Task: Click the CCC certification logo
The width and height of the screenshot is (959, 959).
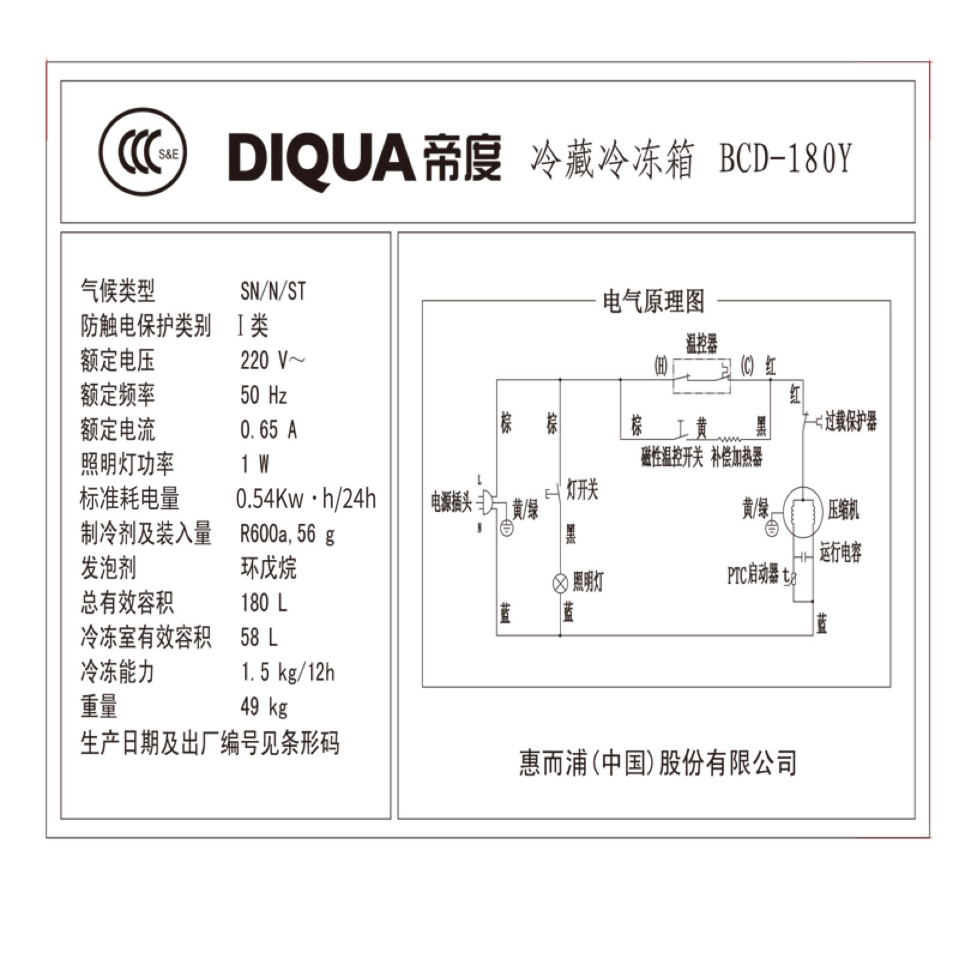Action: pyautogui.click(x=143, y=153)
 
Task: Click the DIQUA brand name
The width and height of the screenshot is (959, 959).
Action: pyautogui.click(x=320, y=157)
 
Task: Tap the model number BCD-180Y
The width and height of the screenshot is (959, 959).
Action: pyautogui.click(x=785, y=159)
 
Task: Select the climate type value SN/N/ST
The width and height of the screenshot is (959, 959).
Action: pyautogui.click(x=273, y=292)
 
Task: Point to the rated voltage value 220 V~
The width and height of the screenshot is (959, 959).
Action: pyautogui.click(x=272, y=361)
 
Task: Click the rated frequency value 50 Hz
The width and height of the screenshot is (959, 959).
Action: pyautogui.click(x=264, y=396)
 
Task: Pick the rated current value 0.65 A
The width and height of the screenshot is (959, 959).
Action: pyautogui.click(x=269, y=430)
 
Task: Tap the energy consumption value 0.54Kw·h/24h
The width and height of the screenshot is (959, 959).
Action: pyautogui.click(x=306, y=499)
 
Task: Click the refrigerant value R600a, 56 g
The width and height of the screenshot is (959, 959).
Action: pyautogui.click(x=287, y=533)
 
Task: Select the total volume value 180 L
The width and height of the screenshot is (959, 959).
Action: pyautogui.click(x=264, y=603)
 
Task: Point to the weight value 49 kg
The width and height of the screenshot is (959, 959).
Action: pyautogui.click(x=264, y=707)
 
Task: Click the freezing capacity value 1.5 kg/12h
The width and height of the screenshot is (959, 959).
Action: pyautogui.click(x=287, y=672)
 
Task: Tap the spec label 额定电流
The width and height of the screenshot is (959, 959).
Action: pyautogui.click(x=117, y=430)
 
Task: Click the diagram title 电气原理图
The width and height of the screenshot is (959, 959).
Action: pyautogui.click(x=653, y=301)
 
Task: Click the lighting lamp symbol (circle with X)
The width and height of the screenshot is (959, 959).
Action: pyautogui.click(x=560, y=583)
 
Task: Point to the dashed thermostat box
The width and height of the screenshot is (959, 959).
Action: pyautogui.click(x=701, y=376)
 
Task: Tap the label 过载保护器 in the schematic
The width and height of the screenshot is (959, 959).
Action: pyautogui.click(x=851, y=421)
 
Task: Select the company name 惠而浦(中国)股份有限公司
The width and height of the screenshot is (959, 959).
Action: pyautogui.click(x=658, y=763)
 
